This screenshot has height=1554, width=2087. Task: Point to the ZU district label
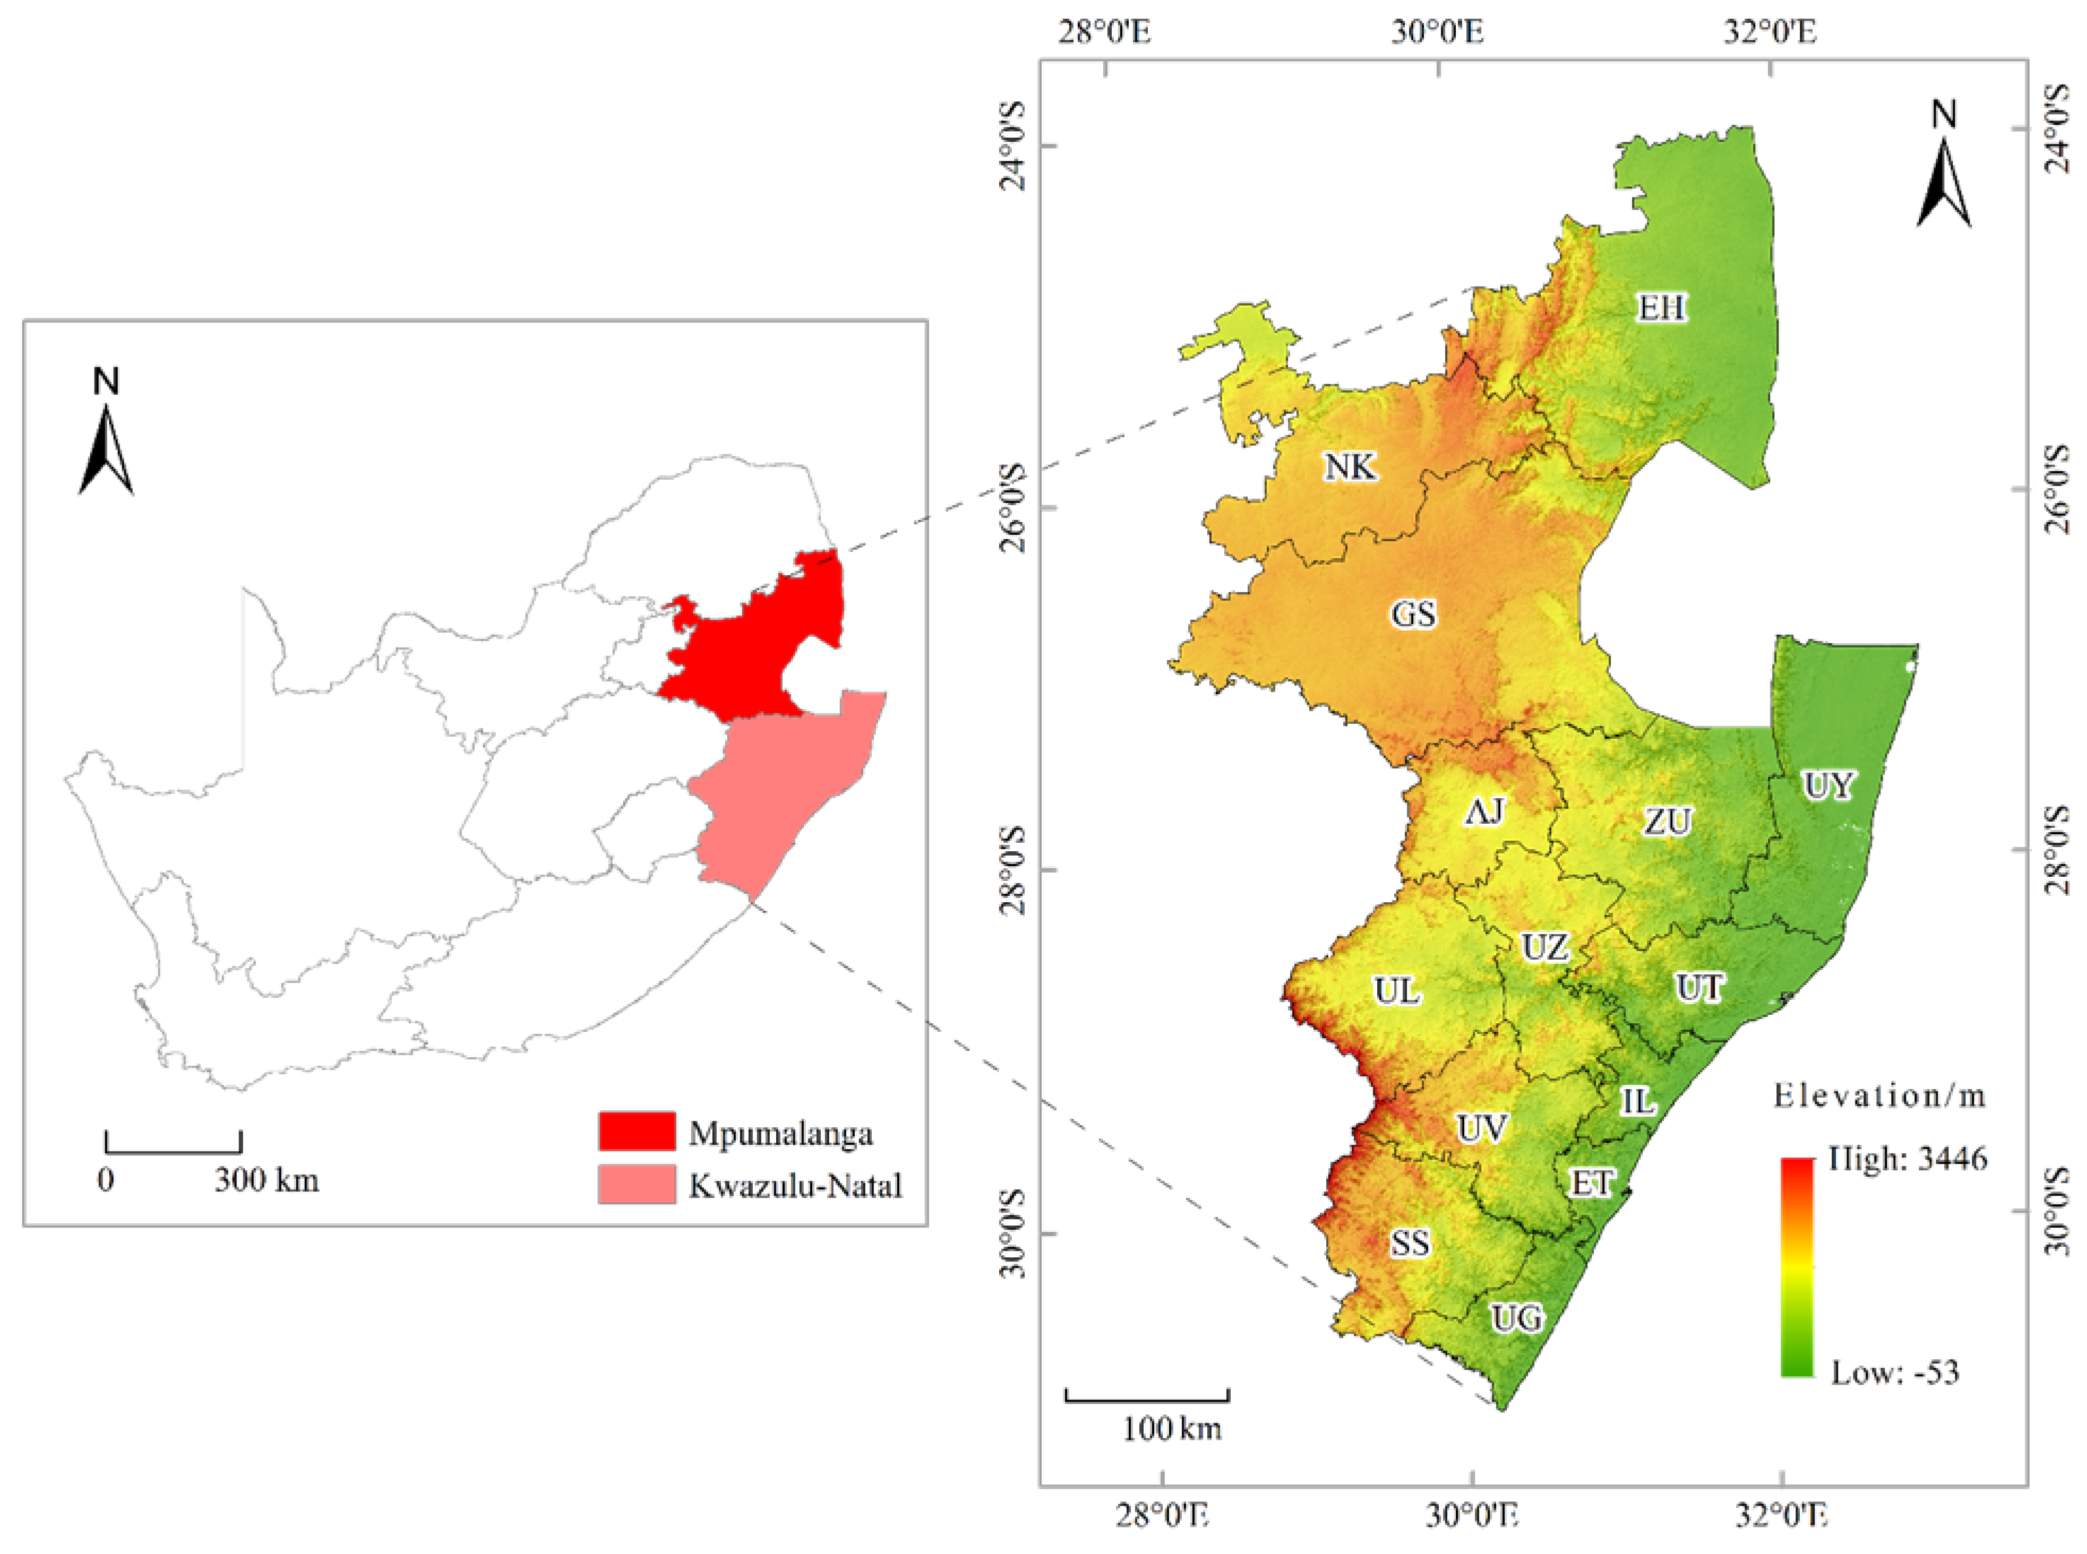pos(1668,822)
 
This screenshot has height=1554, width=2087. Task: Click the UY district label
pos(1828,785)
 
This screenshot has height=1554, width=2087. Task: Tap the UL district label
pos(1396,990)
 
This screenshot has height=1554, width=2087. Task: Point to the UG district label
pos(1517,1319)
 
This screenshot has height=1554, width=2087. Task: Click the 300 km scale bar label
pos(267,1180)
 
